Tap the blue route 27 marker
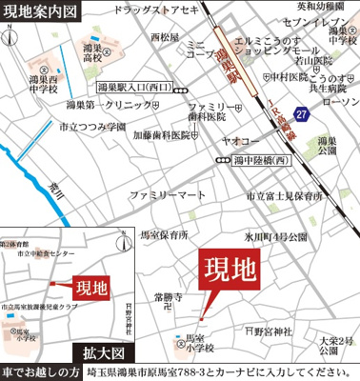coord(303,114)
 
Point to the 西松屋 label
coord(164,37)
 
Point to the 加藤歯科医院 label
coord(162,135)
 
